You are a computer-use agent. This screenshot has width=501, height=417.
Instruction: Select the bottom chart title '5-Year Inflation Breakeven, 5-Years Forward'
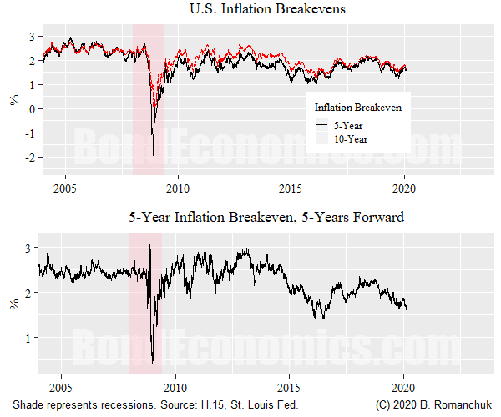(266, 218)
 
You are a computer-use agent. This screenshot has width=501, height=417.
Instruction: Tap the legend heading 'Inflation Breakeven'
(357, 108)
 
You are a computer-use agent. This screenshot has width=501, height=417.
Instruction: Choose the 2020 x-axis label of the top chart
(403, 188)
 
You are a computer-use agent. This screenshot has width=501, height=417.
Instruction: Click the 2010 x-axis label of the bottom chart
(175, 387)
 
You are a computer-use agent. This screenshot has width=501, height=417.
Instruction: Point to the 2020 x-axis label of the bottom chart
(403, 387)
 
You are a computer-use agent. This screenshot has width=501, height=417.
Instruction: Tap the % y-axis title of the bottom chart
(13, 304)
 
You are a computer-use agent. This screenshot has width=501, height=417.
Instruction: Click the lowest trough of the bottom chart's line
(152, 363)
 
